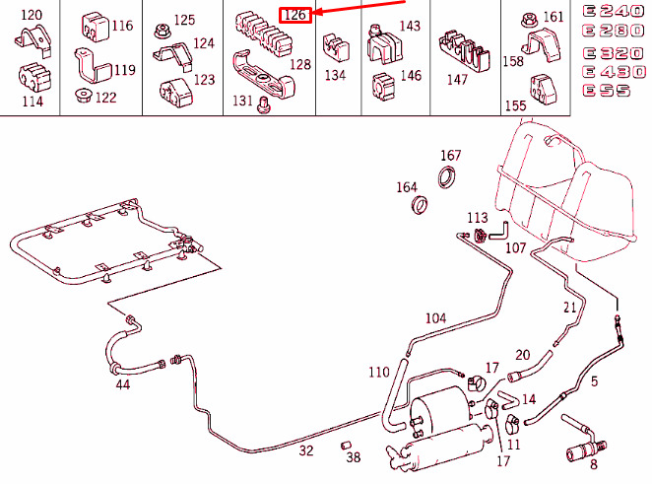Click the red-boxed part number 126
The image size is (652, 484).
pyautogui.click(x=295, y=15)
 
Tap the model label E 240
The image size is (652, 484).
pyautogui.click(x=614, y=11)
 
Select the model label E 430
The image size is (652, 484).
pyautogui.click(x=615, y=72)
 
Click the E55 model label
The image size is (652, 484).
pyautogui.click(x=607, y=91)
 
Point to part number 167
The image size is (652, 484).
pyautogui.click(x=451, y=155)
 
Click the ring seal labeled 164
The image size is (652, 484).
pyautogui.click(x=420, y=205)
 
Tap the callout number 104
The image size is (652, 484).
pyautogui.click(x=435, y=318)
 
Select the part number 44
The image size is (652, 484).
pyautogui.click(x=123, y=384)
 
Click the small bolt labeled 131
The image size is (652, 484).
pyautogui.click(x=263, y=104)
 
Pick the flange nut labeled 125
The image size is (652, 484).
pyautogui.click(x=161, y=31)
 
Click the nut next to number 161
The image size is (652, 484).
pyautogui.click(x=529, y=19)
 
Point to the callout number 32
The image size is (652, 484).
pyautogui.click(x=306, y=450)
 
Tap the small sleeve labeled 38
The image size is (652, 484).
pyautogui.click(x=346, y=446)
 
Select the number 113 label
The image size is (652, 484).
pyautogui.click(x=478, y=218)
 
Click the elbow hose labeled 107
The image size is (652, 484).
pyautogui.click(x=499, y=232)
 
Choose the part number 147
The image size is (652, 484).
pyautogui.click(x=457, y=80)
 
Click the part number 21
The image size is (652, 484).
pyautogui.click(x=569, y=308)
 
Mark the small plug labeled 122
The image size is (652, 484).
pyautogui.click(x=83, y=96)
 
